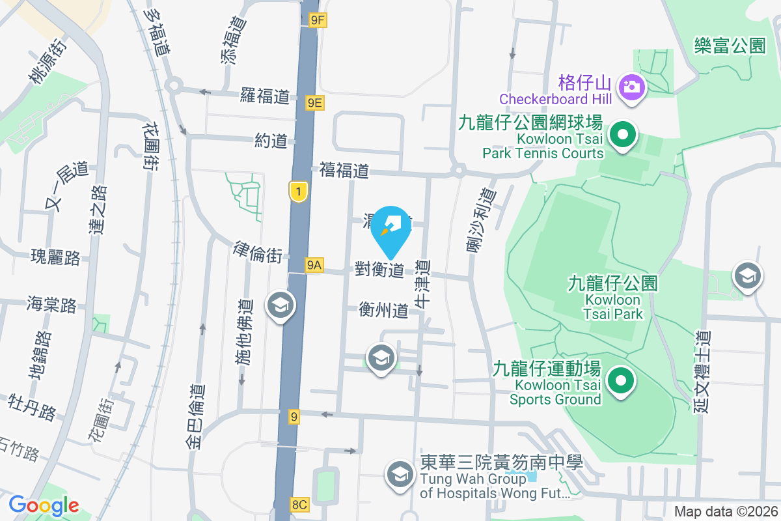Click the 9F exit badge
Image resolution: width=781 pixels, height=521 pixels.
tap(317, 20)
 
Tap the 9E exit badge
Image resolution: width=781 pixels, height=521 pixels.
tap(315, 102)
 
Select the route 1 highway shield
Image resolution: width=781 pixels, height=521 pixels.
tap(298, 191)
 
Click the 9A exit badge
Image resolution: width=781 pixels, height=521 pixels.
tap(314, 264)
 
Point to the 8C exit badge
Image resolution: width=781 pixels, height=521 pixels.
tap(299, 504)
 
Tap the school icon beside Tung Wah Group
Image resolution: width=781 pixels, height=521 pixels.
tap(400, 474)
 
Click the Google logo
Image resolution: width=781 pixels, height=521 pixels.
tap(44, 505)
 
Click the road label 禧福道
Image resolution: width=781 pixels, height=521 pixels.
tap(344, 171)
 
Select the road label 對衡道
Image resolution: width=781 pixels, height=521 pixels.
tap(380, 269)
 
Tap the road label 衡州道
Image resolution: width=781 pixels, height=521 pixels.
tap(384, 311)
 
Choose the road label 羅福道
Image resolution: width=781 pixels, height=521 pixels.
tap(264, 96)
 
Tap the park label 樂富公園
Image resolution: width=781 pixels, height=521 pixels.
tap(729, 46)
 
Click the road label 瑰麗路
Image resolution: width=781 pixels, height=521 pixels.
tap(55, 257)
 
